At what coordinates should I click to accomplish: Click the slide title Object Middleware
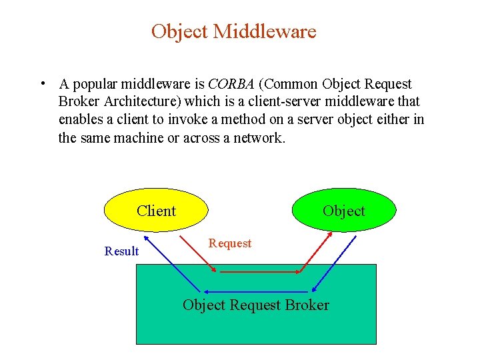(x=233, y=31)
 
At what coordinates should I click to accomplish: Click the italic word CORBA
(x=231, y=85)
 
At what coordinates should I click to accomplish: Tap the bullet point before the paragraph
(x=41, y=83)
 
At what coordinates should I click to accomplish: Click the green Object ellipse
(x=344, y=211)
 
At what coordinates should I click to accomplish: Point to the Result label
(x=122, y=251)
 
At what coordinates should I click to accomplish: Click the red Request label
(x=230, y=243)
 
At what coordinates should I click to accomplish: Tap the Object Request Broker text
(x=256, y=305)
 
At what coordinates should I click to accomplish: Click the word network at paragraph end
(x=261, y=138)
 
